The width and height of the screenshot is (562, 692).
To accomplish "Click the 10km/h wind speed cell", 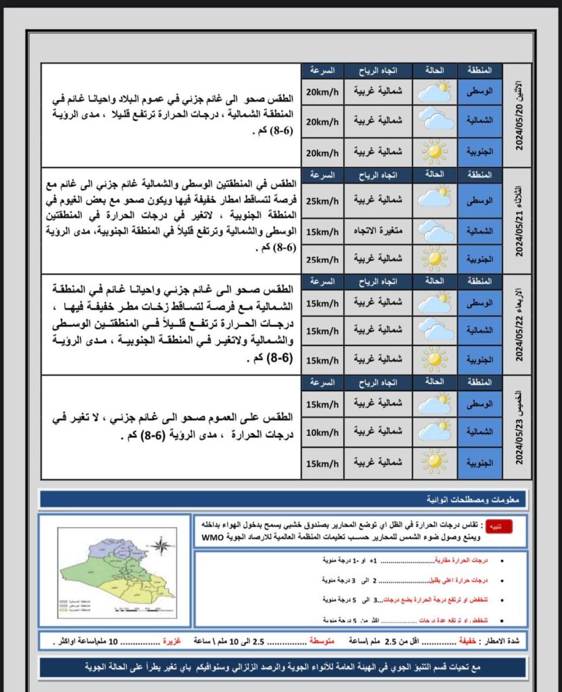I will tap(322, 431).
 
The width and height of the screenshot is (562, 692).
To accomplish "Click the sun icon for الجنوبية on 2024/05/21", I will tap(434, 259).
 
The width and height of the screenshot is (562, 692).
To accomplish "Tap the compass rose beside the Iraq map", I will tap(161, 545).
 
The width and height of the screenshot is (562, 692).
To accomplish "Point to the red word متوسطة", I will tap(324, 639).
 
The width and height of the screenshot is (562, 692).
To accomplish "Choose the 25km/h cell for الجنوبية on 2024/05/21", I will tap(322, 259).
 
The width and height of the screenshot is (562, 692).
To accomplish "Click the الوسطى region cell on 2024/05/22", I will tap(480, 302).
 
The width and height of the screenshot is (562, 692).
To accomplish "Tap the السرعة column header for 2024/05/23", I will tap(322, 383).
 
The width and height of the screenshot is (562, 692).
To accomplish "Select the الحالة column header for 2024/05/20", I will tap(434, 70).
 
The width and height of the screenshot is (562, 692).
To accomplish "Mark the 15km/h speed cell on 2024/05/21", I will tap(322, 232).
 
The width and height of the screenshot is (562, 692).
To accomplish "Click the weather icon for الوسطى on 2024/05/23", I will tap(434, 404).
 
